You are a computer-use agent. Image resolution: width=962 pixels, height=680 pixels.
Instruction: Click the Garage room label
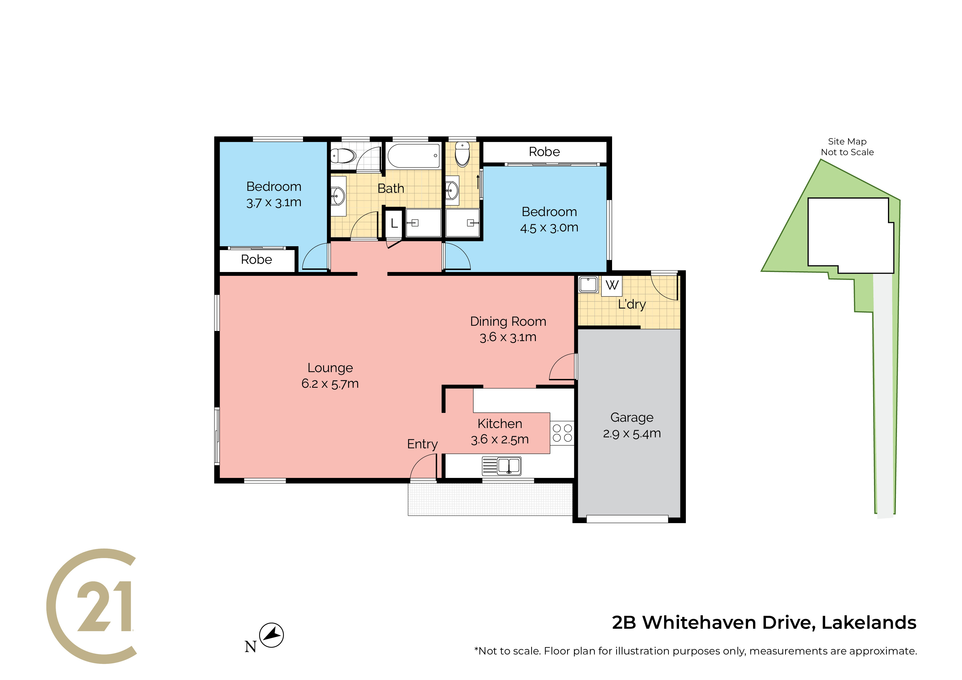tap(632, 417)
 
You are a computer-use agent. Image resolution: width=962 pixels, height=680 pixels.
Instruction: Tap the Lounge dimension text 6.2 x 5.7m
tap(330, 383)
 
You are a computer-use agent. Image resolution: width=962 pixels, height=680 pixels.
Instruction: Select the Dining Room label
tap(508, 321)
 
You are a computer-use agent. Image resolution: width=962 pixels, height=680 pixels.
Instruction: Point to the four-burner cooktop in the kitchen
tap(562, 433)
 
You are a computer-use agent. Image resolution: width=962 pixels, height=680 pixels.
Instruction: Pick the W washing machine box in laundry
tap(612, 285)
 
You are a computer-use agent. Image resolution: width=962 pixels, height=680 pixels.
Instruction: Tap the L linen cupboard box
tap(394, 223)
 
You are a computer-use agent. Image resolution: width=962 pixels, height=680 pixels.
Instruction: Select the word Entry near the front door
tap(422, 444)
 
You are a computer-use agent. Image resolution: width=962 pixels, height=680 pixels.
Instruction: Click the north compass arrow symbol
tap(271, 635)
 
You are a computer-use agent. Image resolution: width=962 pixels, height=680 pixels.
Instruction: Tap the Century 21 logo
tap(91, 606)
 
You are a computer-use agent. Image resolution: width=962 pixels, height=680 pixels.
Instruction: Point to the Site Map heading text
tap(847, 141)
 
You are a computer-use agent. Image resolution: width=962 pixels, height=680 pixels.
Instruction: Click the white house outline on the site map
tap(851, 235)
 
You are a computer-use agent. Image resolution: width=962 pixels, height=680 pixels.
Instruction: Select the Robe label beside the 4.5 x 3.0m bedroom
tap(544, 152)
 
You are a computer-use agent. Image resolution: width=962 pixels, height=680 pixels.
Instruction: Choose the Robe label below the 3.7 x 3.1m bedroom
tap(256, 260)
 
